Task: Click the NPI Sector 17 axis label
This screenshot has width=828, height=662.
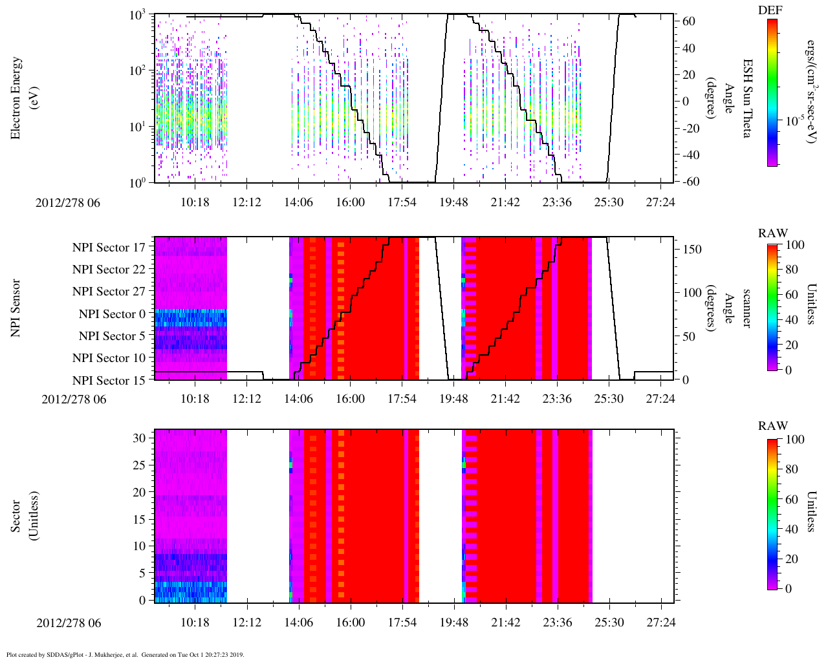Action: [x=109, y=247]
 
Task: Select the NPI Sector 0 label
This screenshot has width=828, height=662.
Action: [x=113, y=314]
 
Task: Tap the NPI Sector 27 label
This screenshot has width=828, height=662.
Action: [x=109, y=292]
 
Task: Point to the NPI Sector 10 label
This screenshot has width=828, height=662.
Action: [x=109, y=358]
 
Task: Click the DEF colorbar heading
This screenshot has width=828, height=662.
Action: [x=772, y=10]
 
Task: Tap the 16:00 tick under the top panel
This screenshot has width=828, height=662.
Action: [x=350, y=202]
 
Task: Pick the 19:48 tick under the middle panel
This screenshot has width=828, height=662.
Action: [x=453, y=399]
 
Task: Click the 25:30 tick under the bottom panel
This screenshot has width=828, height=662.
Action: [x=609, y=623]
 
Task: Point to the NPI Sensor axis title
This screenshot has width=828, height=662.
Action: [x=16, y=308]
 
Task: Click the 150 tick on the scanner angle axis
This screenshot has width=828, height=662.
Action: [x=692, y=250]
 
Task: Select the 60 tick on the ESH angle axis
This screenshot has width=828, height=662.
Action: [x=689, y=21]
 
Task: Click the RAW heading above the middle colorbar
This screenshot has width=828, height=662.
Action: [x=773, y=233]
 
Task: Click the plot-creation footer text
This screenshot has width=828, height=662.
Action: [x=125, y=654]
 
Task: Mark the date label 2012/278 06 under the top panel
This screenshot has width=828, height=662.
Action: [x=69, y=202]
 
